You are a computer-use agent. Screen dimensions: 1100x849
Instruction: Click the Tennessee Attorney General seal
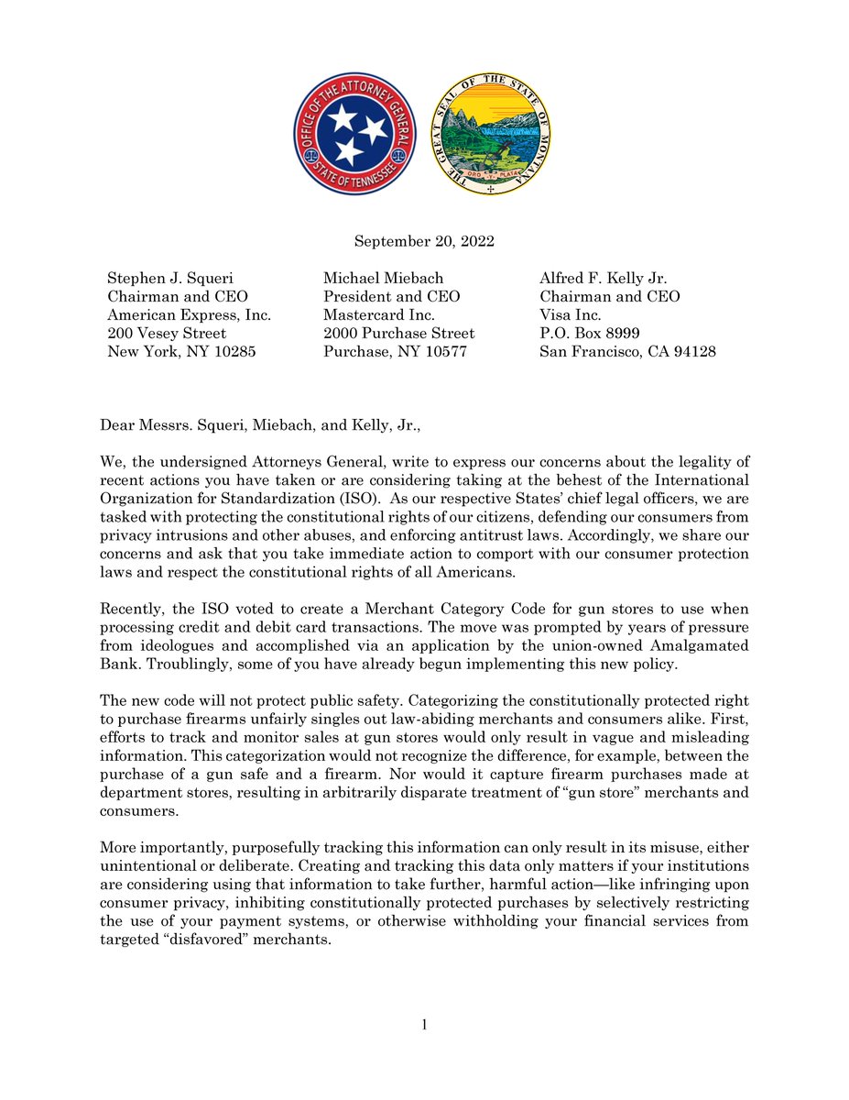coord(354,133)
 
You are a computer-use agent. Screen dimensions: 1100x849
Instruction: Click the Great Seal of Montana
coord(492,133)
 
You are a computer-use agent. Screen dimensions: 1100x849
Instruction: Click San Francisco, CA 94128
coord(627,351)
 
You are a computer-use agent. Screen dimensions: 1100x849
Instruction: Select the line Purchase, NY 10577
coord(395,351)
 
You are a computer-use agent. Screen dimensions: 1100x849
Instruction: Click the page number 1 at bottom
coord(425,1024)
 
